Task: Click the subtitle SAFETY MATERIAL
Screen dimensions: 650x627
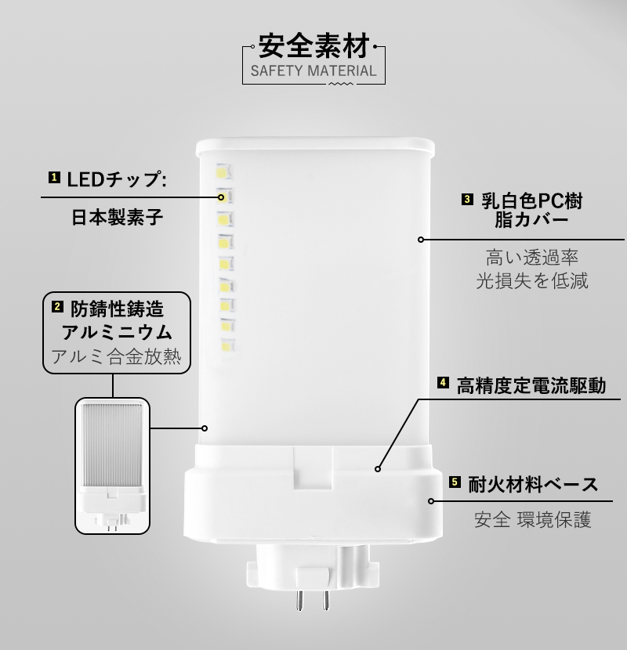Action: pyautogui.click(x=313, y=73)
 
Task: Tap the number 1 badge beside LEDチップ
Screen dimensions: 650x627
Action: pyautogui.click(x=54, y=178)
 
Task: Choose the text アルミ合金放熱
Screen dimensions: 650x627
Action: pyautogui.click(x=117, y=358)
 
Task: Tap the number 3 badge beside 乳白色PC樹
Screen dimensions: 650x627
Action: pyautogui.click(x=467, y=200)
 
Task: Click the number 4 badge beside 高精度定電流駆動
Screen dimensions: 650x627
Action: pyautogui.click(x=443, y=384)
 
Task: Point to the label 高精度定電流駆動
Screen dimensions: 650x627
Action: pyautogui.click(x=531, y=385)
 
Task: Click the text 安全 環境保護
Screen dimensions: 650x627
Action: pyautogui.click(x=532, y=519)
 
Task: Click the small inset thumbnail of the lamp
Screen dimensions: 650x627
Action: pyautogui.click(x=112, y=464)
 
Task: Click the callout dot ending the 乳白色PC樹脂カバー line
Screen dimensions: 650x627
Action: pyautogui.click(x=421, y=240)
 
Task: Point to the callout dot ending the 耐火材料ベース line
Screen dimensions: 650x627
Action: pyautogui.click(x=432, y=500)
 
